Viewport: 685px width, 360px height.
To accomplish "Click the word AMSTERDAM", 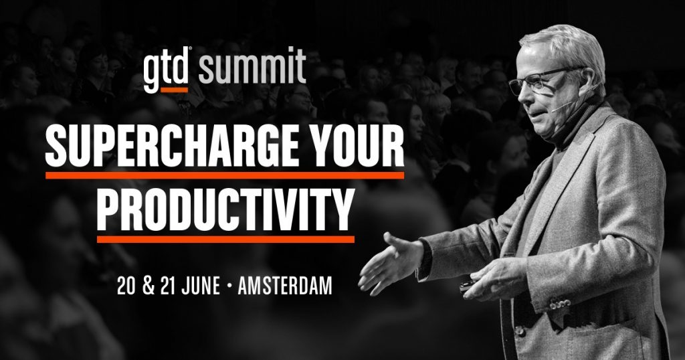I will [x=285, y=286].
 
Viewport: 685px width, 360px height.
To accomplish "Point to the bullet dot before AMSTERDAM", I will [x=229, y=286].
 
